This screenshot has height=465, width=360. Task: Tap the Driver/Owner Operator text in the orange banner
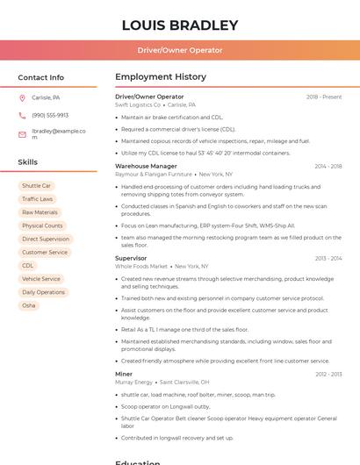[180, 50]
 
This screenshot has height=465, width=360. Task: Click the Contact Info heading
[40, 77]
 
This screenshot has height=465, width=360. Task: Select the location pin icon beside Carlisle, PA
[22, 97]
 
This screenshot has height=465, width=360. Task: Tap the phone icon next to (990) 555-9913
[22, 115]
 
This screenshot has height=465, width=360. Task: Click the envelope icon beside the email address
[22, 134]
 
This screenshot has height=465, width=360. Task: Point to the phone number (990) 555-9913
[50, 115]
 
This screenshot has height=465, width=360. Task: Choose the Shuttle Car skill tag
[36, 186]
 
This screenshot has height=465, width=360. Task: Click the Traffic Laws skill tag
[37, 199]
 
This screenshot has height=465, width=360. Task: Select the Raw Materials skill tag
[40, 212]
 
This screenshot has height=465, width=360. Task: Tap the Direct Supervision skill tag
[46, 239]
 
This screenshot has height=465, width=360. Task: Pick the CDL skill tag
[28, 265]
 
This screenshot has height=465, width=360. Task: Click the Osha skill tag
[29, 305]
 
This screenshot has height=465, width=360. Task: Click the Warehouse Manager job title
[146, 166]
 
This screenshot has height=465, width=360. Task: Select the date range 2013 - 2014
[328, 258]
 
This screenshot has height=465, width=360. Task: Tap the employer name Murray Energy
[133, 383]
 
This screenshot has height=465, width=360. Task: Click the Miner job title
[124, 375]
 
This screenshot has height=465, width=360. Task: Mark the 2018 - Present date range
[324, 97]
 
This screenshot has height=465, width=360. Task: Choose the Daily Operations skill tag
[43, 292]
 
